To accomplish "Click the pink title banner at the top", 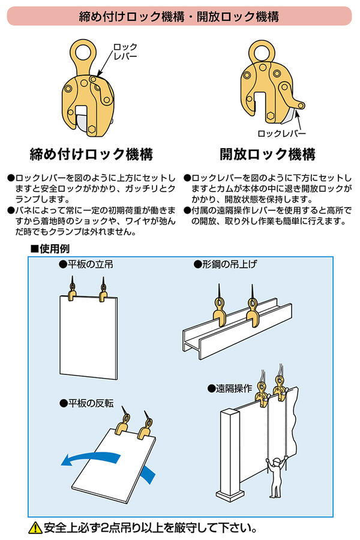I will [180, 15].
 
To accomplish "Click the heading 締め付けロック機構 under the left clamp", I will [91, 154].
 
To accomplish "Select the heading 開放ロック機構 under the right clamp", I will [268, 154].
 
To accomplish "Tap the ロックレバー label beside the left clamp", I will [125, 50].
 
